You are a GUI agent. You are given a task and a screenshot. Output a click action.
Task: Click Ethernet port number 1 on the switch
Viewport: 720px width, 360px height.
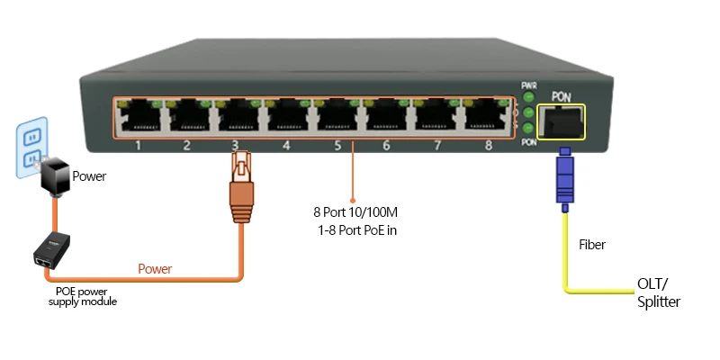tap(138, 115)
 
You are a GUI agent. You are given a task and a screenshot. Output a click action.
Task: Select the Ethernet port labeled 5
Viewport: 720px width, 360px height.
tap(336, 115)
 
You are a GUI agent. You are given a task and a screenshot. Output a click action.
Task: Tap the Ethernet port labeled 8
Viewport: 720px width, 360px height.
tap(484, 115)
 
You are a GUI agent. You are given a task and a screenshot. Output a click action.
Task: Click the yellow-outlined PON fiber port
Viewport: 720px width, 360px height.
tap(560, 121)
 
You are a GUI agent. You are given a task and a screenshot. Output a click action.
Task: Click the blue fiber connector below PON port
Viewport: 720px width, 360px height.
tap(564, 176)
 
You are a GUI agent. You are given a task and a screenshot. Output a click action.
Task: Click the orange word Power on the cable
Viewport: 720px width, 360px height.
tap(155, 268)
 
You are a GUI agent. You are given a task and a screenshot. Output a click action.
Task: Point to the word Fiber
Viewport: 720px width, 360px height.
tap(592, 244)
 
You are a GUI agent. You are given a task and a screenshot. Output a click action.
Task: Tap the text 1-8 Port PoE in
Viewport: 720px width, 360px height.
tap(357, 231)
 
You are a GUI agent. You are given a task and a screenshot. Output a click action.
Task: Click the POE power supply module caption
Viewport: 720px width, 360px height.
tap(83, 297)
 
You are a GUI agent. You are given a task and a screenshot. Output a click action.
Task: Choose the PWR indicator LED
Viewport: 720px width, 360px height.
tap(529, 96)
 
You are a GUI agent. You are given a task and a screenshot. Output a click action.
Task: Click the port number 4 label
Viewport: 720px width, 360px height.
tap(286, 145)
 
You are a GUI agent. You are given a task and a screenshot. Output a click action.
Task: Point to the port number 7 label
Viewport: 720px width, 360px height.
tap(436, 145)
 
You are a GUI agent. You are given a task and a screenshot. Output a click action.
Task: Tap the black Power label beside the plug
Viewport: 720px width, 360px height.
tap(89, 176)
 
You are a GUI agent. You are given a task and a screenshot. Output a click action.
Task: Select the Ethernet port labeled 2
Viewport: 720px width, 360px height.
tap(187, 115)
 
